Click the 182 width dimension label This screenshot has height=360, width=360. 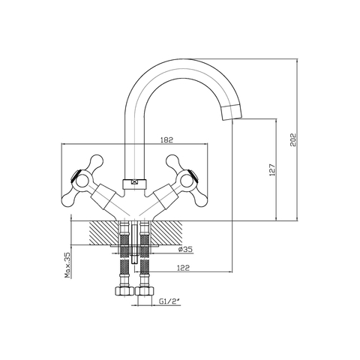tap(167, 139)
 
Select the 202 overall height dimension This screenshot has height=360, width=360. tap(293, 139)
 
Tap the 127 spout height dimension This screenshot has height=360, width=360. tap(272, 170)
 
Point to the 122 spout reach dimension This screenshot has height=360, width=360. tap(184, 268)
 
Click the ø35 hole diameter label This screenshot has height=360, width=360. tap(185, 249)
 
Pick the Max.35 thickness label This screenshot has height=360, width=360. tap(67, 265)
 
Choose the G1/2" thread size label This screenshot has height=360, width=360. tap(169, 301)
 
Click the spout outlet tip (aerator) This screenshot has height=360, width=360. tap(232, 112)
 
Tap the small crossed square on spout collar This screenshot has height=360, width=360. tap(134, 182)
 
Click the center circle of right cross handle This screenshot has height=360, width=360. tap(187, 181)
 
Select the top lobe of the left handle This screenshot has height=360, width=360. tap(96, 162)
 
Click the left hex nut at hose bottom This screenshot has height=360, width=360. tap(124, 291)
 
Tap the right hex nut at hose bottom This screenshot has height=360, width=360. tap(145, 291)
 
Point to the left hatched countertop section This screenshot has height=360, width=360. tap(104, 232)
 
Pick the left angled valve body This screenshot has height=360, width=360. tap(103, 197)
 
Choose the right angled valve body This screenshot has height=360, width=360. tap(166, 197)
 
